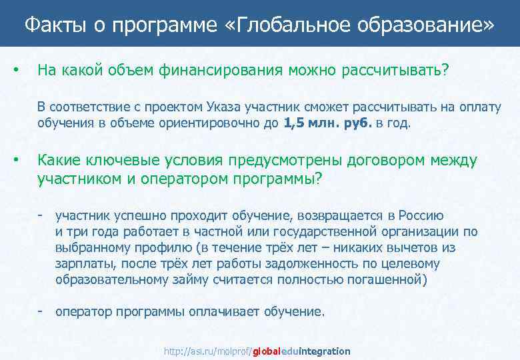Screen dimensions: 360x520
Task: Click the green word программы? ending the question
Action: pyautogui.click(x=274, y=179)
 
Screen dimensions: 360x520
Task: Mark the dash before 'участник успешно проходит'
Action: pyautogui.click(x=41, y=216)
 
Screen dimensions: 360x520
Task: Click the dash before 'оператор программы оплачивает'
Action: pyautogui.click(x=41, y=311)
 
